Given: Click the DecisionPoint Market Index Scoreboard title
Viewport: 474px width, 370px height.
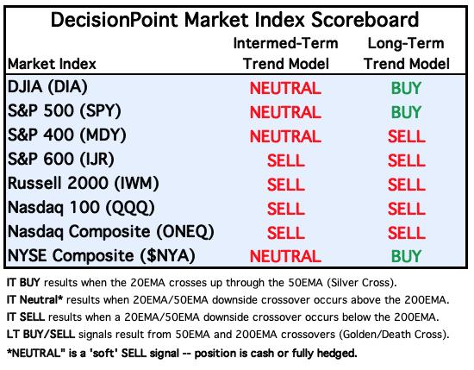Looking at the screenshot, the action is coord(234,20).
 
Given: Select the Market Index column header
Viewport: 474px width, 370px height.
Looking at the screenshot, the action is coord(52,64).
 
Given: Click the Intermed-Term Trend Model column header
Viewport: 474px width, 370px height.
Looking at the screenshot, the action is coord(285,53).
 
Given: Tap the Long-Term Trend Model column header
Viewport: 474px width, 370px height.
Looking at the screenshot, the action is coord(407,53).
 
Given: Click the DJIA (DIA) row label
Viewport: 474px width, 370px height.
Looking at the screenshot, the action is coord(47,87).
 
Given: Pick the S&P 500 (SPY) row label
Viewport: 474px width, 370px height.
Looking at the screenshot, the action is coord(65,111).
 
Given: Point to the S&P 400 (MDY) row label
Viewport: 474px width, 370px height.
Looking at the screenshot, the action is coord(67,135).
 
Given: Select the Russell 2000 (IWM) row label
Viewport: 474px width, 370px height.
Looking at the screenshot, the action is coord(83,184).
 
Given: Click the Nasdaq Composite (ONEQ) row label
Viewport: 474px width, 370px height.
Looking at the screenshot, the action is coord(111,232).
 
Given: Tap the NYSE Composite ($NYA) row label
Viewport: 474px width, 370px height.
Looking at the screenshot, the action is coord(102,256).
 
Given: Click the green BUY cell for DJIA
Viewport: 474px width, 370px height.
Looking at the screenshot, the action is coord(406,88).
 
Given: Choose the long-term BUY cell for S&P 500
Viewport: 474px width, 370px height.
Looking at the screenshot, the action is coord(406,112).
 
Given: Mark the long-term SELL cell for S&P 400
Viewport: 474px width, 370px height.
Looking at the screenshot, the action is coord(407,136).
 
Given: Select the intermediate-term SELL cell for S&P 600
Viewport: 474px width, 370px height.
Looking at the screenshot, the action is coord(285,160).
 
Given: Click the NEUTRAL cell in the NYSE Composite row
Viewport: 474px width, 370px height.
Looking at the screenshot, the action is coord(285,256).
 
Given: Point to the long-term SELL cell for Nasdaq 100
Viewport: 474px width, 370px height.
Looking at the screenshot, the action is coord(407,209).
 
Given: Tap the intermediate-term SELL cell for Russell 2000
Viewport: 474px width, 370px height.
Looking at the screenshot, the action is coord(285,185).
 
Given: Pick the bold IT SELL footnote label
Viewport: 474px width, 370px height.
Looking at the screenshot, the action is coord(26,317).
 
